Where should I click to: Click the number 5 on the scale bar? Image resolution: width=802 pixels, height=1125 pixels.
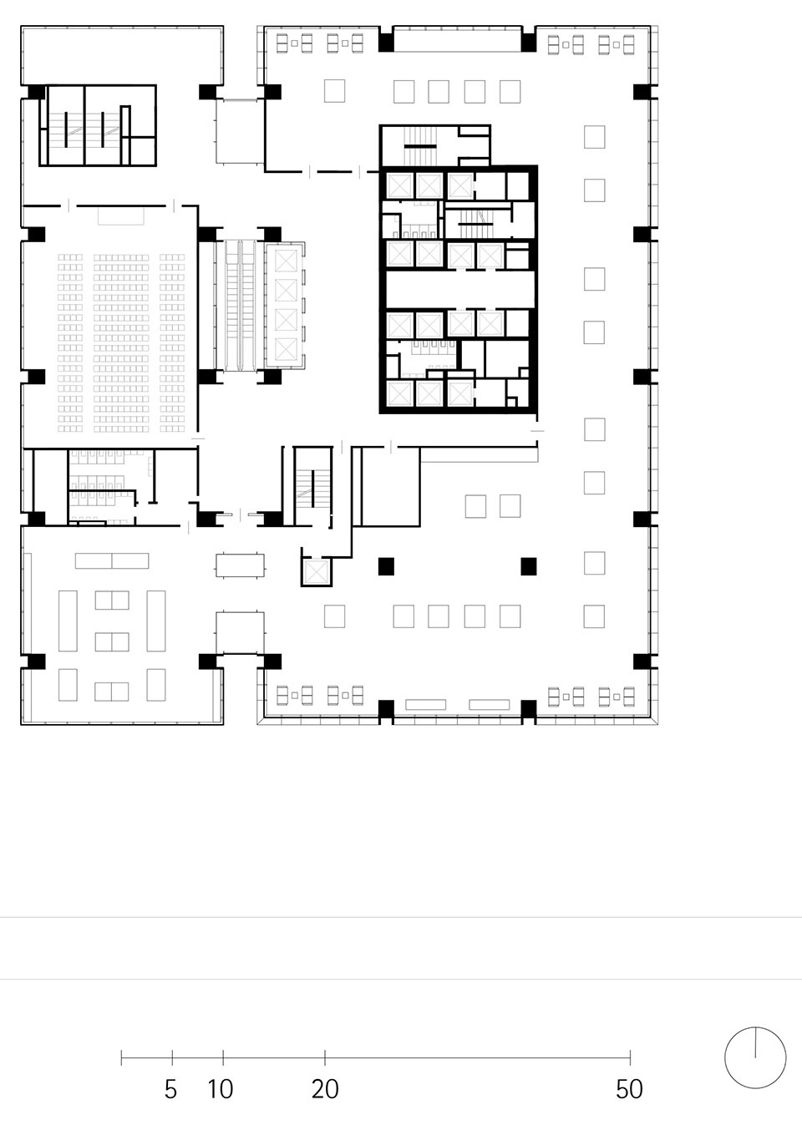tap(171, 1089)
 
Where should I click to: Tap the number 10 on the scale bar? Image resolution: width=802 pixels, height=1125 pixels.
tap(221, 1089)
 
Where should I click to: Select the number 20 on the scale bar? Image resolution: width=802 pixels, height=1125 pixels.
tap(325, 1089)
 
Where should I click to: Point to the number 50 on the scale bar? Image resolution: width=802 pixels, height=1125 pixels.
tap(630, 1089)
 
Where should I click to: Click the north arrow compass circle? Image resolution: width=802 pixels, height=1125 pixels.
tap(724, 1058)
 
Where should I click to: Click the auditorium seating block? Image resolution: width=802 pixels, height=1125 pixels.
tap(121, 343)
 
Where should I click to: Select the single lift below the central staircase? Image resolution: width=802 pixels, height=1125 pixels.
tap(317, 572)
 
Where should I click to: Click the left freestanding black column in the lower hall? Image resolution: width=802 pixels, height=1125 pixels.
tap(386, 566)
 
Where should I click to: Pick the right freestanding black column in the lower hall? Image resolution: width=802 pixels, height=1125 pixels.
tap(529, 566)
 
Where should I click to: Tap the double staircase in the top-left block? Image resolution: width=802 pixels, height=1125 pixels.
tap(85, 125)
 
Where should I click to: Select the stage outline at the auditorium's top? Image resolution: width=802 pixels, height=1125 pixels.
tap(120, 215)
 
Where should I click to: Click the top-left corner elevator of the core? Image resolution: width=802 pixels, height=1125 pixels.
tap(399, 185)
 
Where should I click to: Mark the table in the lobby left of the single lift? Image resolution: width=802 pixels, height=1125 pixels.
tap(241, 565)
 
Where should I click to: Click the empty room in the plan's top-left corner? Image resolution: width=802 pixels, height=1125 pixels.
tap(122, 55)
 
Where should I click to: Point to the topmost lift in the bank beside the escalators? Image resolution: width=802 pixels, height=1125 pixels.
tap(287, 261)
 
